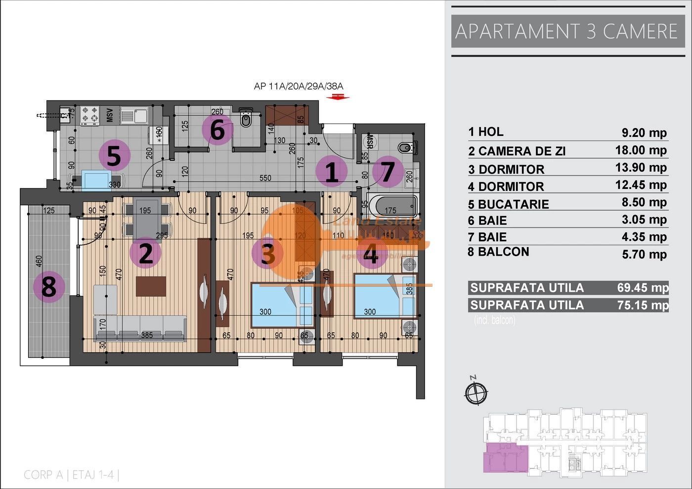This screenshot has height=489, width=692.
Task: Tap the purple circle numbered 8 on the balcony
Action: point(48,286)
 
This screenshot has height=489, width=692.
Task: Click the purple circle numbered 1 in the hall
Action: point(332,172)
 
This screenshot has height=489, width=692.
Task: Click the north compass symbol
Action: point(476,392)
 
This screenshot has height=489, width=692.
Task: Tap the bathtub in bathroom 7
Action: point(393,204)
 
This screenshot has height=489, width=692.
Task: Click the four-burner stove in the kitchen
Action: point(90,115)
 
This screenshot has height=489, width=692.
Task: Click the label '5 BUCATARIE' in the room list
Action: point(509,204)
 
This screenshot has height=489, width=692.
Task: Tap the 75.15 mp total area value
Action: point(642,305)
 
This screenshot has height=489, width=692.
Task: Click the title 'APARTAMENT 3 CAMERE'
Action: point(566,31)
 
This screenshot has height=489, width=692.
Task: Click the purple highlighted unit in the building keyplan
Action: point(504,457)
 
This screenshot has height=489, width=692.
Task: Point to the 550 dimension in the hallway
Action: point(265,178)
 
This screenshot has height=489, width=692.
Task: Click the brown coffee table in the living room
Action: point(151,286)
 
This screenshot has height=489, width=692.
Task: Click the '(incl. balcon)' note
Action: point(494,320)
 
